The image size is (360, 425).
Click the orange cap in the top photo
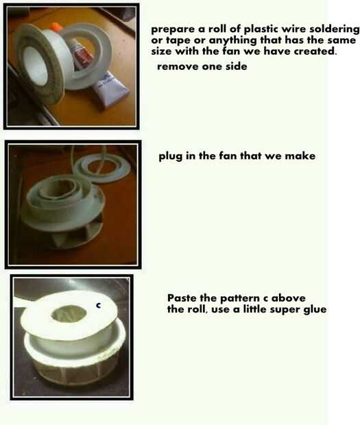(57, 27)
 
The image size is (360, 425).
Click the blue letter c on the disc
(99, 306)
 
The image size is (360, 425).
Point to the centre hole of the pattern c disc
(69, 314)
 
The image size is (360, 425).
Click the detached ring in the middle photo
(102, 167)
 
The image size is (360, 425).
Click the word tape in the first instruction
(178, 40)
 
